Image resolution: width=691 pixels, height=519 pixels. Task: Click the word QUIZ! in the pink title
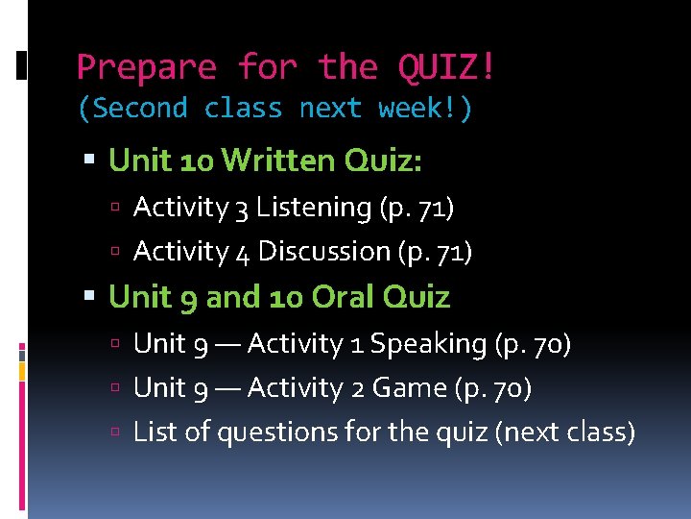pos(447,68)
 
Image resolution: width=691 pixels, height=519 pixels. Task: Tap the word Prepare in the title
pos(147,68)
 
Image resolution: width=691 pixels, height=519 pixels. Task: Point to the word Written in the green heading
pos(274,161)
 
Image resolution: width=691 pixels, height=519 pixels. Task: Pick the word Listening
pos(314,207)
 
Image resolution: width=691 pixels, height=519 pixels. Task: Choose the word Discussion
pos(324,251)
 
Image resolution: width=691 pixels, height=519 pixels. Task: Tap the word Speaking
pos(428,343)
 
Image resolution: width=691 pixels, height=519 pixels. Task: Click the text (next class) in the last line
pos(564,432)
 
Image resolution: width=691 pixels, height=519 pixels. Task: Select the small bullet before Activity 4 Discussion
pos(115,252)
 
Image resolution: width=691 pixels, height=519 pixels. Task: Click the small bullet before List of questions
pos(115,433)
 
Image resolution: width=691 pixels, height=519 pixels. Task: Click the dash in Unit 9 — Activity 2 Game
pos(229,388)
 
